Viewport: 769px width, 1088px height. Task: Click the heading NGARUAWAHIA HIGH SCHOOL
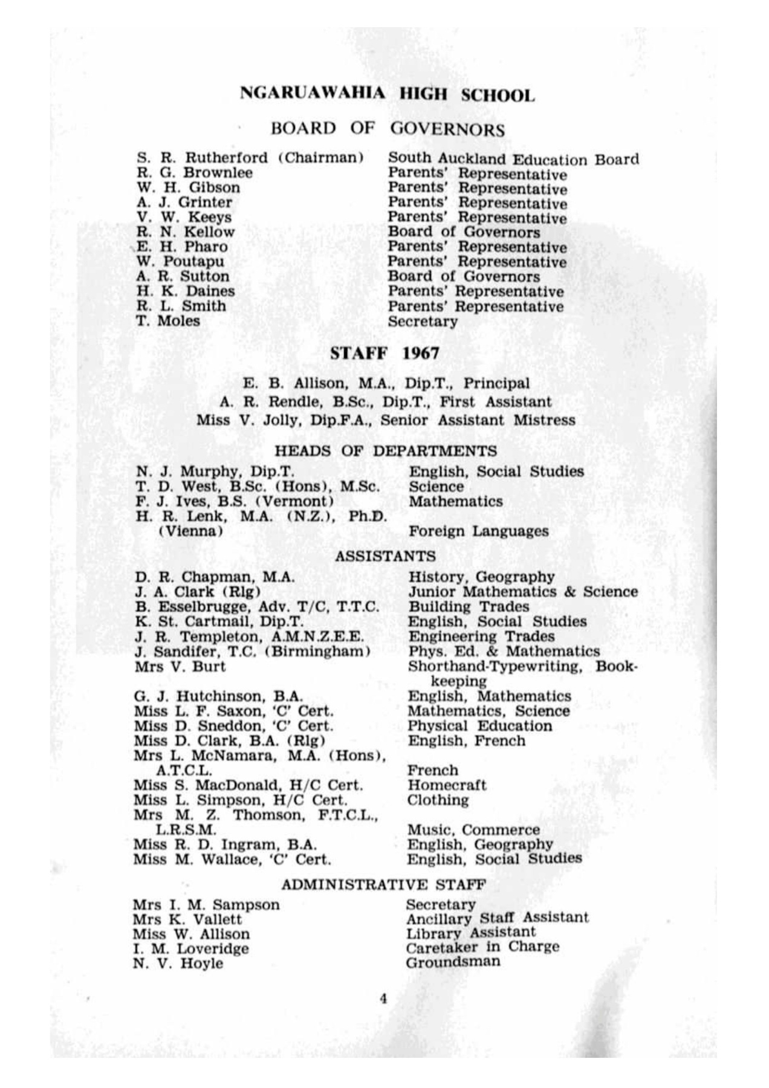(387, 94)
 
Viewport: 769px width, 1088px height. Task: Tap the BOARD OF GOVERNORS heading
(387, 129)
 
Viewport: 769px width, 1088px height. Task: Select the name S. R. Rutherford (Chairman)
(250, 158)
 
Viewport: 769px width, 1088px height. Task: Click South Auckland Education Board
(513, 159)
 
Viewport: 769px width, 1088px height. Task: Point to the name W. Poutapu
(180, 262)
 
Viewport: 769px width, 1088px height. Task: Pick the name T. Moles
(167, 320)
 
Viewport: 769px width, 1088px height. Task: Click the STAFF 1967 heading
(384, 354)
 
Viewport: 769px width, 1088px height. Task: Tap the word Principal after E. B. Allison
(496, 383)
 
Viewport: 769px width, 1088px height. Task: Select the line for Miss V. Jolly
(386, 419)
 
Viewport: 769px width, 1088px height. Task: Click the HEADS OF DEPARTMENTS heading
(386, 451)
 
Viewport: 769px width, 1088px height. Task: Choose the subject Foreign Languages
(478, 531)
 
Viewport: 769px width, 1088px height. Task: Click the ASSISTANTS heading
(385, 555)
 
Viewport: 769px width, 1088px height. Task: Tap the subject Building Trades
(469, 606)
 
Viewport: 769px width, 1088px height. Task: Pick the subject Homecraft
(446, 785)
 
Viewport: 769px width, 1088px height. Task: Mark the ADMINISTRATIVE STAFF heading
(383, 884)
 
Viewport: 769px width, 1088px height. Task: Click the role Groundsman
(453, 962)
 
